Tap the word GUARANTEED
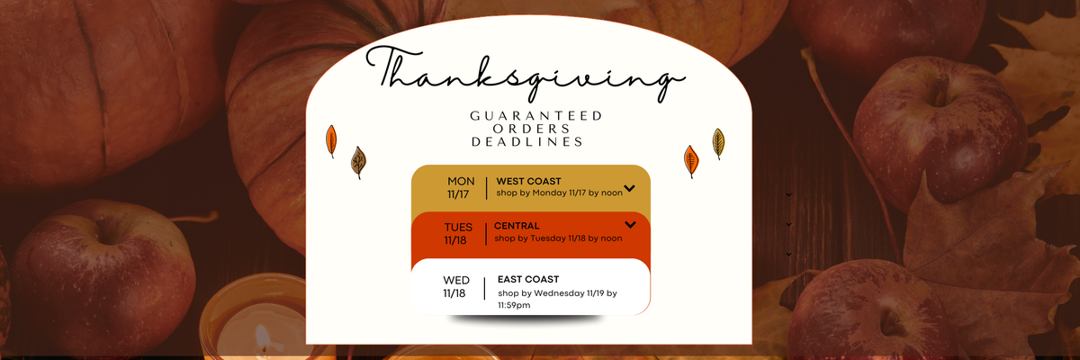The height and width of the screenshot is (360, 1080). tap(536, 116)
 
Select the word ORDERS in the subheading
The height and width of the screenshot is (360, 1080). tap(531, 129)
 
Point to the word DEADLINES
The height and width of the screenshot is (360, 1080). tap(527, 141)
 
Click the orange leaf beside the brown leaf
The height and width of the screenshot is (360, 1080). tap(331, 140)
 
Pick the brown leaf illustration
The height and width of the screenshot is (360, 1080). tap(358, 162)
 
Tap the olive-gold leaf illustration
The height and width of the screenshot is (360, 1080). tap(718, 143)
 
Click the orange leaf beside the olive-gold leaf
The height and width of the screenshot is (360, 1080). tap(691, 161)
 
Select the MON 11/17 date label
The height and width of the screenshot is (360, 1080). tap(461, 187)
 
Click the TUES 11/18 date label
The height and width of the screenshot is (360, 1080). tap(457, 234)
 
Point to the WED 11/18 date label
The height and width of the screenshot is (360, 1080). tap(455, 287)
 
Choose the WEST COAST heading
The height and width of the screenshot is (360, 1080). tap(528, 181)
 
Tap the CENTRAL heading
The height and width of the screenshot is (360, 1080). tap(517, 226)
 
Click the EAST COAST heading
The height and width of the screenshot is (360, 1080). tap(528, 279)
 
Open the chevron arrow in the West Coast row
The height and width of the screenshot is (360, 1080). tap(629, 188)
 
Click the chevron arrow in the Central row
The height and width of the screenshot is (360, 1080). tap(630, 225)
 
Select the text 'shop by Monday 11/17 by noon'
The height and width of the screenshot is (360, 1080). tap(559, 193)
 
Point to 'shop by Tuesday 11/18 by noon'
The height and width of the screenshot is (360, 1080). tap(558, 238)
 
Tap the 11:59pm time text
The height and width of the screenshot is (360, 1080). tap(514, 305)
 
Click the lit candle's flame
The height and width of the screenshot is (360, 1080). tap(262, 336)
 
